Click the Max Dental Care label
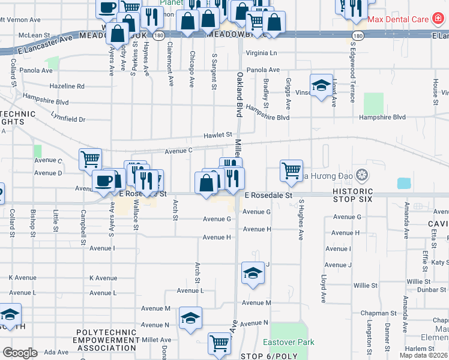pyautogui.click(x=398, y=19)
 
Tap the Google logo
pyautogui.click(x=20, y=353)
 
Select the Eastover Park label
pyautogui.click(x=289, y=342)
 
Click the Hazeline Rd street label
pyautogui.click(x=67, y=86)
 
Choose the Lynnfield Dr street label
pyautogui.click(x=68, y=118)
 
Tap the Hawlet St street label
pyautogui.click(x=217, y=135)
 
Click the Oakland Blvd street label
pyautogui.click(x=240, y=94)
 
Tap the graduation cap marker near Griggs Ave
pyautogui.click(x=321, y=85)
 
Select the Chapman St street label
pyautogui.click(x=376, y=313)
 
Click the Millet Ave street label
pyautogui.click(x=157, y=340)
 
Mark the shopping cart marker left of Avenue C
pyautogui.click(x=90, y=160)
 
